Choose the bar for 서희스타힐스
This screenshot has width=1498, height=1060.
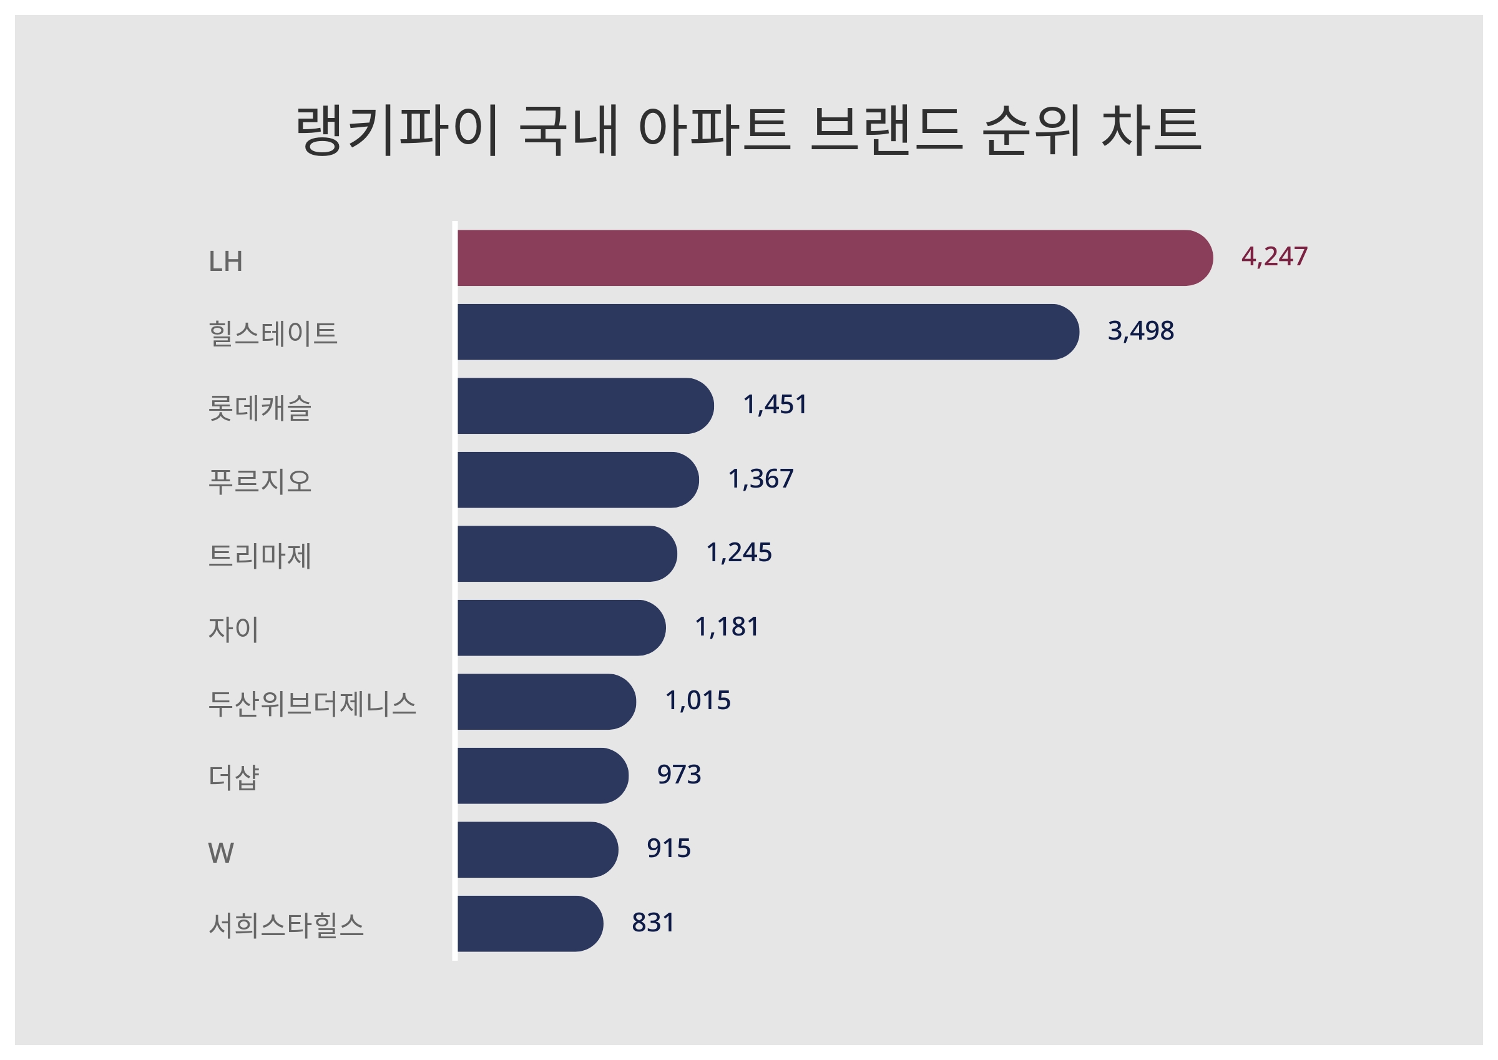pos(529,923)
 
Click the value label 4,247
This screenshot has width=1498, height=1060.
pos(1273,257)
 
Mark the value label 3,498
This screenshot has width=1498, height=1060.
pos(1140,331)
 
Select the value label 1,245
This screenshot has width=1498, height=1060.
pos(738,553)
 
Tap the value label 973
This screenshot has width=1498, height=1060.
pos(678,775)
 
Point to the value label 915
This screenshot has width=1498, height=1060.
pos(668,848)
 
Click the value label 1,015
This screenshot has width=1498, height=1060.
pos(697,700)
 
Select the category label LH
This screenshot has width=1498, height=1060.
pos(225,262)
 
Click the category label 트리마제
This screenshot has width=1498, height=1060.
pos(260,556)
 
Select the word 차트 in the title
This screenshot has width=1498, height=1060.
pos(1151,130)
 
